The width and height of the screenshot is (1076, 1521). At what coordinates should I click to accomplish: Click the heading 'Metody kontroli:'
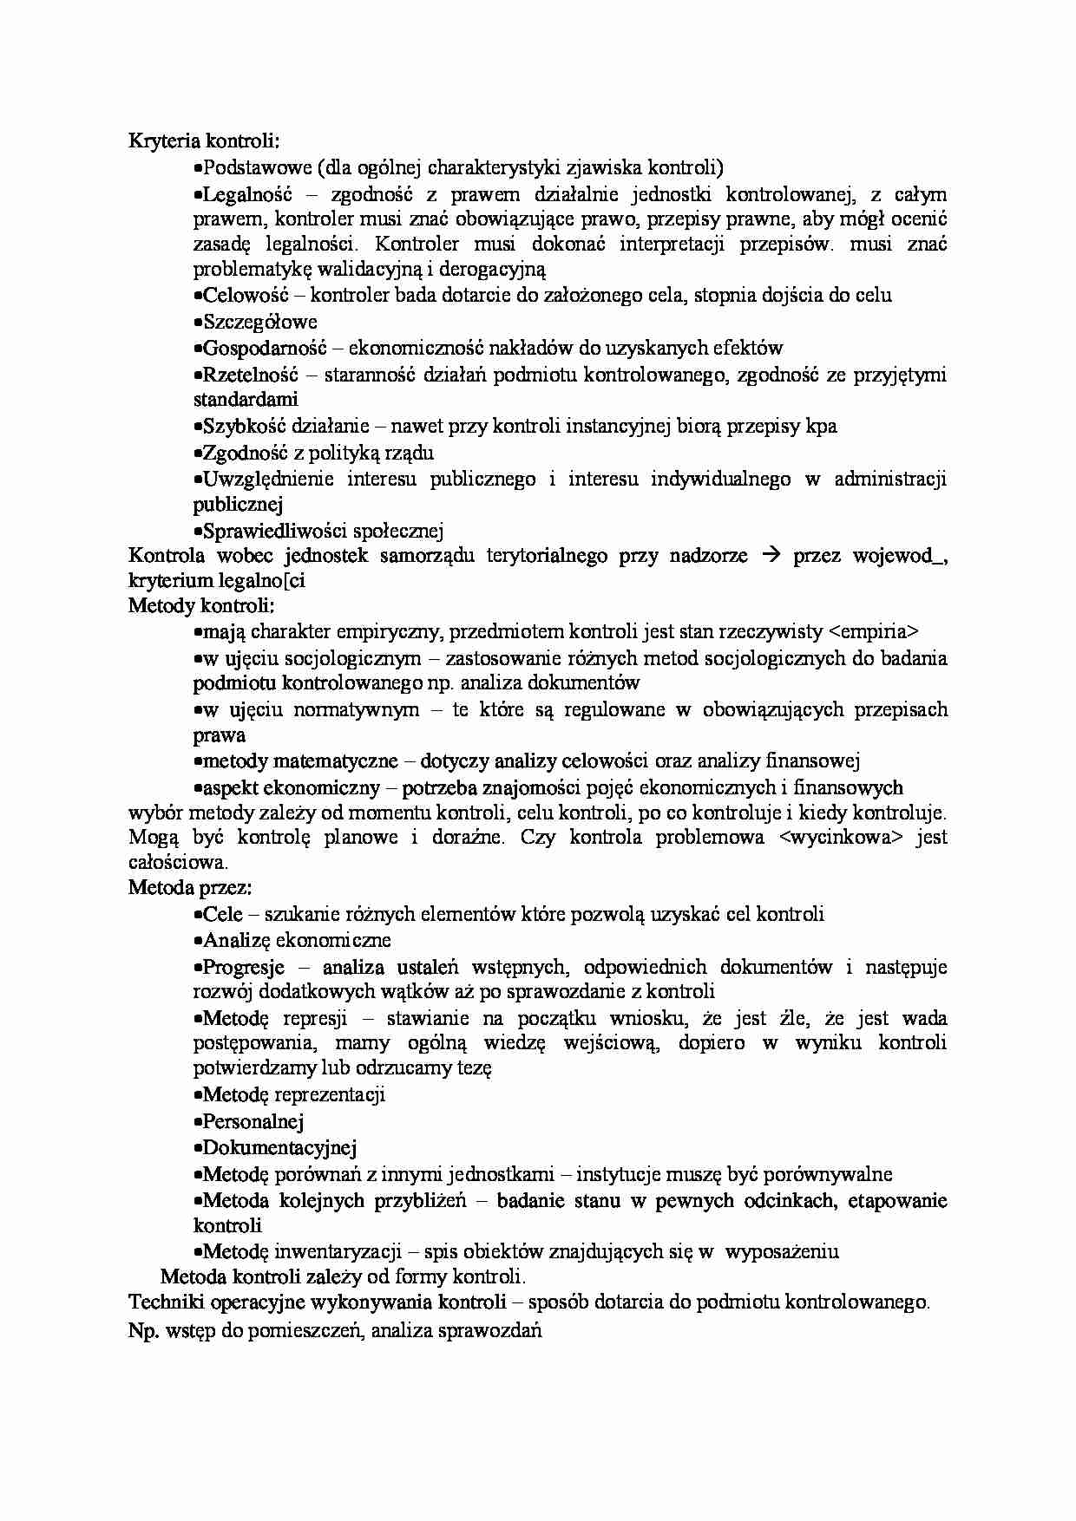click(201, 605)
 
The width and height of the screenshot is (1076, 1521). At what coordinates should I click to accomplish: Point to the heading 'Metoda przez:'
click(190, 888)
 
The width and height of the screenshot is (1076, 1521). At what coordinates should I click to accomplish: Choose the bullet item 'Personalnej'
click(253, 1121)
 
